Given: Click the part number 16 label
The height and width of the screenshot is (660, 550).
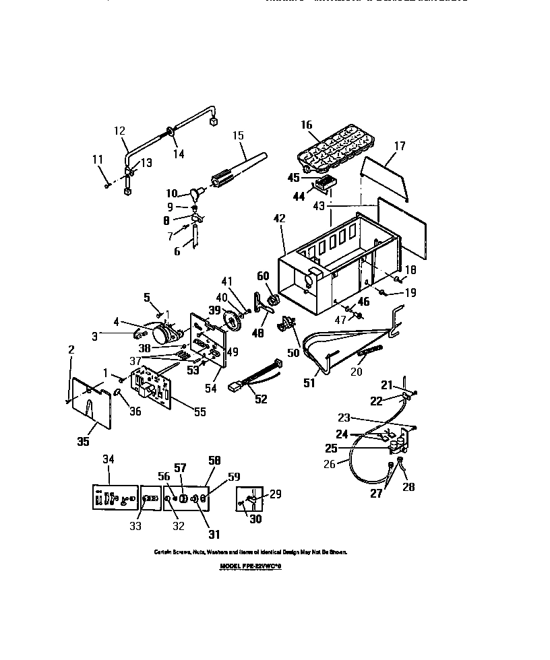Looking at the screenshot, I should [307, 125].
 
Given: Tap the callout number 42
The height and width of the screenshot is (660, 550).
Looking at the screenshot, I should [279, 218].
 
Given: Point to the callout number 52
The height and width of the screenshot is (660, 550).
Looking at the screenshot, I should [260, 399].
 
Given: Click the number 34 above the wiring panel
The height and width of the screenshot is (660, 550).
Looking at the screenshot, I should [109, 459].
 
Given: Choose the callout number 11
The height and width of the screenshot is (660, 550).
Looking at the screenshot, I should [98, 159].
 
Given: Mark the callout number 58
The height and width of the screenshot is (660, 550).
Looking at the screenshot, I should [216, 459].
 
